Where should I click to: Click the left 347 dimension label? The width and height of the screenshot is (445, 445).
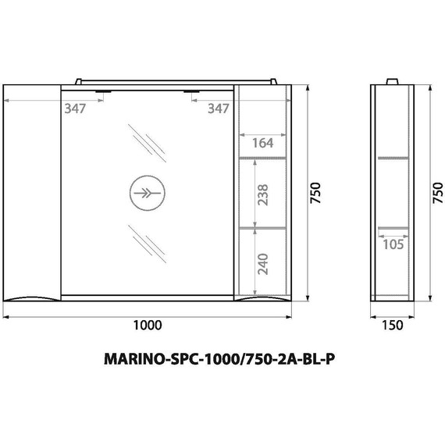[75, 109]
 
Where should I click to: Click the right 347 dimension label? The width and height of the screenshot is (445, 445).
[219, 109]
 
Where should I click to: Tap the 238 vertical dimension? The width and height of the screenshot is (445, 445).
[263, 194]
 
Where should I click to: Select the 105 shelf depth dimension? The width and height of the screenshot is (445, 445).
[393, 244]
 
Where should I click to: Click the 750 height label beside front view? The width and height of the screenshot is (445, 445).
[316, 192]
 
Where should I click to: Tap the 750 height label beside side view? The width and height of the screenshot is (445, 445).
[437, 192]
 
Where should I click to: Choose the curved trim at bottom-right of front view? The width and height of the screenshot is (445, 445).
[263, 299]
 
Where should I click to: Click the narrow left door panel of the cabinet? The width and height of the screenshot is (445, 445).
[32, 191]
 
